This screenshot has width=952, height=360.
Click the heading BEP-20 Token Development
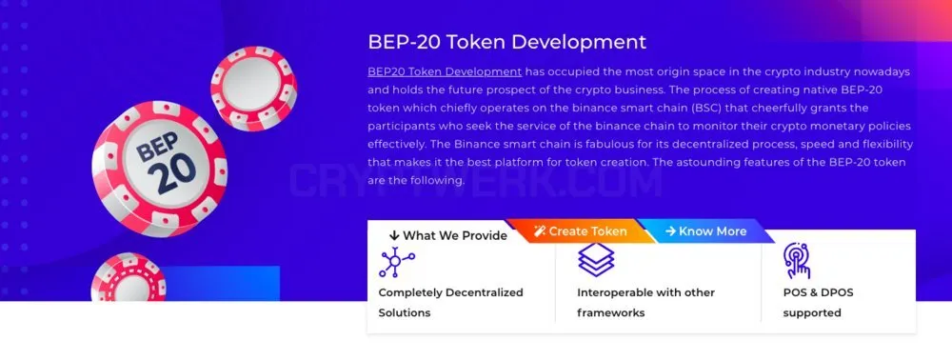pos(507,42)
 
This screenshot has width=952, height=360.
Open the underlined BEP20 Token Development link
pos(445,71)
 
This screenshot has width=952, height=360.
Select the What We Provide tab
pos(448,235)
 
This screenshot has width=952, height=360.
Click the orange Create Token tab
pos(580,231)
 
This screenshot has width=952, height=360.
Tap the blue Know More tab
pos(705,231)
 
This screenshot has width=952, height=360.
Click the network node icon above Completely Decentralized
pos(397,262)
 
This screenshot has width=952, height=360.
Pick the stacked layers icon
pos(596,260)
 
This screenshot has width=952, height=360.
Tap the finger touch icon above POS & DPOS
pos(797,260)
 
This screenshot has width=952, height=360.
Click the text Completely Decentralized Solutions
pos(450,302)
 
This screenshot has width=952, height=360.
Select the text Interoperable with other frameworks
pos(646,302)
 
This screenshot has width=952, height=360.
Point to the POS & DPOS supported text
pos(818,302)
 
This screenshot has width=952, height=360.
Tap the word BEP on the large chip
pos(157,147)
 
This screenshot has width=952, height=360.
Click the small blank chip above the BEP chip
pos(254,89)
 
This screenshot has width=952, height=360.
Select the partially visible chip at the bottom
pos(129,277)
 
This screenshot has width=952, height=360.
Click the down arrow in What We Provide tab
pos(395,235)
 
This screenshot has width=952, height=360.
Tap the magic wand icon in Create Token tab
pos(540,231)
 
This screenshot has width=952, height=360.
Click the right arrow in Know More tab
pos(670,231)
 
